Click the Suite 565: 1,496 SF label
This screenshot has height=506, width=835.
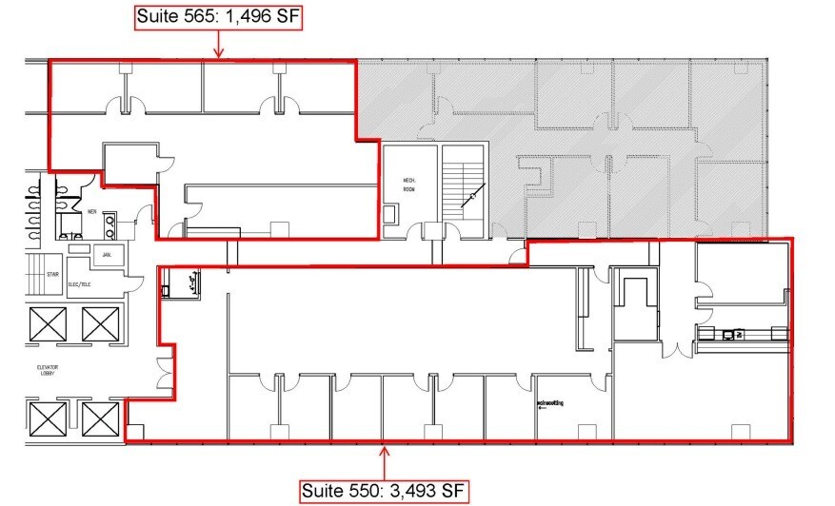[x=218, y=17]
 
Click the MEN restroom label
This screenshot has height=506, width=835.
[x=92, y=212]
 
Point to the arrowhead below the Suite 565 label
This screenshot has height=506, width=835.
[x=218, y=53]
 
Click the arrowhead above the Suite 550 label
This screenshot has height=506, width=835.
[x=384, y=451]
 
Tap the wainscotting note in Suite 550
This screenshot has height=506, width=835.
[x=549, y=403]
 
